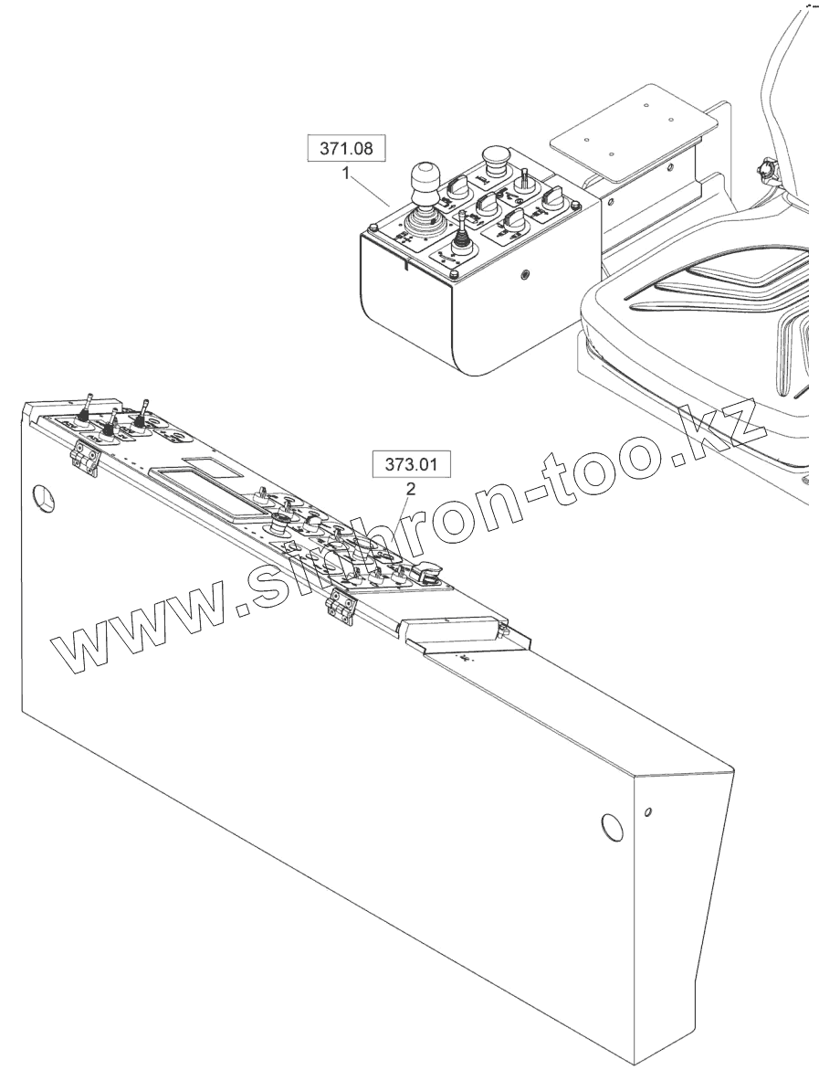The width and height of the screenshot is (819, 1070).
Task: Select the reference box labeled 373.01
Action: coord(411,465)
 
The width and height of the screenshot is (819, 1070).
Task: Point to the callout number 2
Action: coord(411,489)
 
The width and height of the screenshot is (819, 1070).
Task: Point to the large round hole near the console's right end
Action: coord(612,825)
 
